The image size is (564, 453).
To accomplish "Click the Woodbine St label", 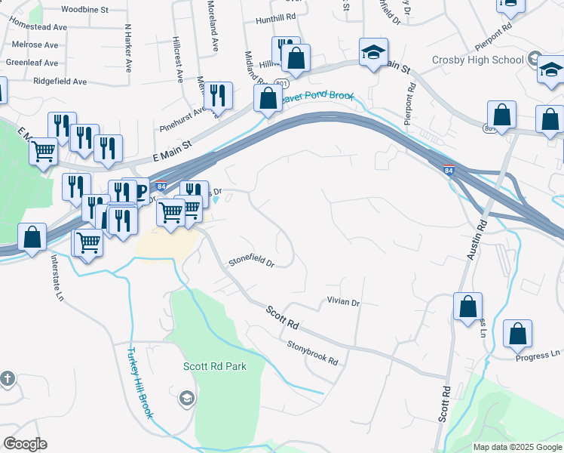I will click(84, 9).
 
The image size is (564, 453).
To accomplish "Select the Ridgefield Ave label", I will click(60, 81).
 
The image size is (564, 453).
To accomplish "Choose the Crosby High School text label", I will click(477, 60).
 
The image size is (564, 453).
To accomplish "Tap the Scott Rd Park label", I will click(215, 366).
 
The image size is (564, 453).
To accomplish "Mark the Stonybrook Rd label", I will click(312, 352).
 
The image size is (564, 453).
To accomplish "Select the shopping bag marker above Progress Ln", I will click(517, 334).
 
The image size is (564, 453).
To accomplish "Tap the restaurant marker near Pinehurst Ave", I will click(218, 96).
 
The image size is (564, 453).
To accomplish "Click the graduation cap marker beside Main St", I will click(373, 53).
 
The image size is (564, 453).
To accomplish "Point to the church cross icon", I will click(7, 378).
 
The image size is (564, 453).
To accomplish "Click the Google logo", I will click(25, 444).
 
